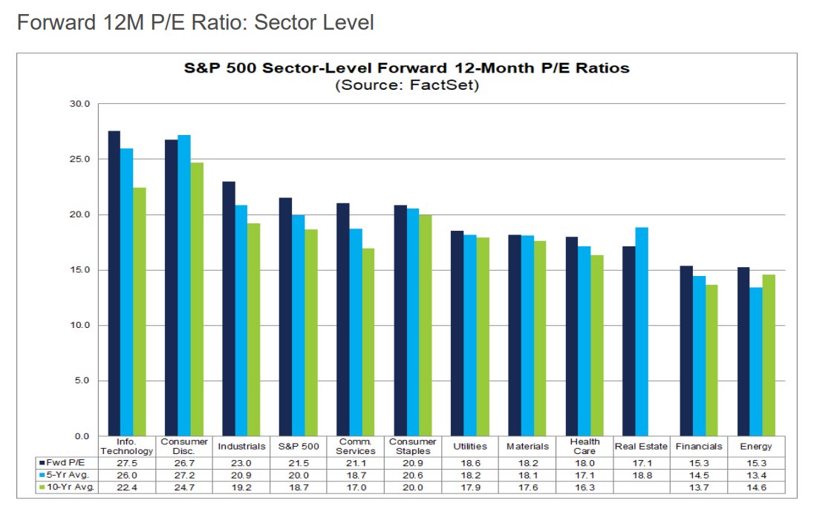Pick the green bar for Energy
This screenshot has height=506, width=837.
pyautogui.click(x=769, y=355)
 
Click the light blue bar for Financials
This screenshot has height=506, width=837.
pyautogui.click(x=700, y=356)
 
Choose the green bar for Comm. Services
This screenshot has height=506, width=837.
pyautogui.click(x=368, y=342)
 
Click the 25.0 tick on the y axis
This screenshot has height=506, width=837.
pyautogui.click(x=79, y=160)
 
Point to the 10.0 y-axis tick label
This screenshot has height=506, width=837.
pyautogui.click(x=79, y=326)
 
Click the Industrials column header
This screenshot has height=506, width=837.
pyautogui.click(x=241, y=447)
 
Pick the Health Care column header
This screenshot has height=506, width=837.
pyautogui.click(x=584, y=447)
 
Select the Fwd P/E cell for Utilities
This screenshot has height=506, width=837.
pyautogui.click(x=470, y=461)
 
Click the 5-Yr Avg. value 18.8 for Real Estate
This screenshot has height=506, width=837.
pyautogui.click(x=642, y=474)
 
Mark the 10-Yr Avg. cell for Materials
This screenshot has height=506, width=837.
pyautogui.click(x=527, y=487)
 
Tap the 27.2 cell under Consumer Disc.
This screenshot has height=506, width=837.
pyautogui.click(x=184, y=474)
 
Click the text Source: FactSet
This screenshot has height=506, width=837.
pyautogui.click(x=406, y=85)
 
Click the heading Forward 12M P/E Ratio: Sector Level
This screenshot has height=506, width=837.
pyautogui.click(x=195, y=23)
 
